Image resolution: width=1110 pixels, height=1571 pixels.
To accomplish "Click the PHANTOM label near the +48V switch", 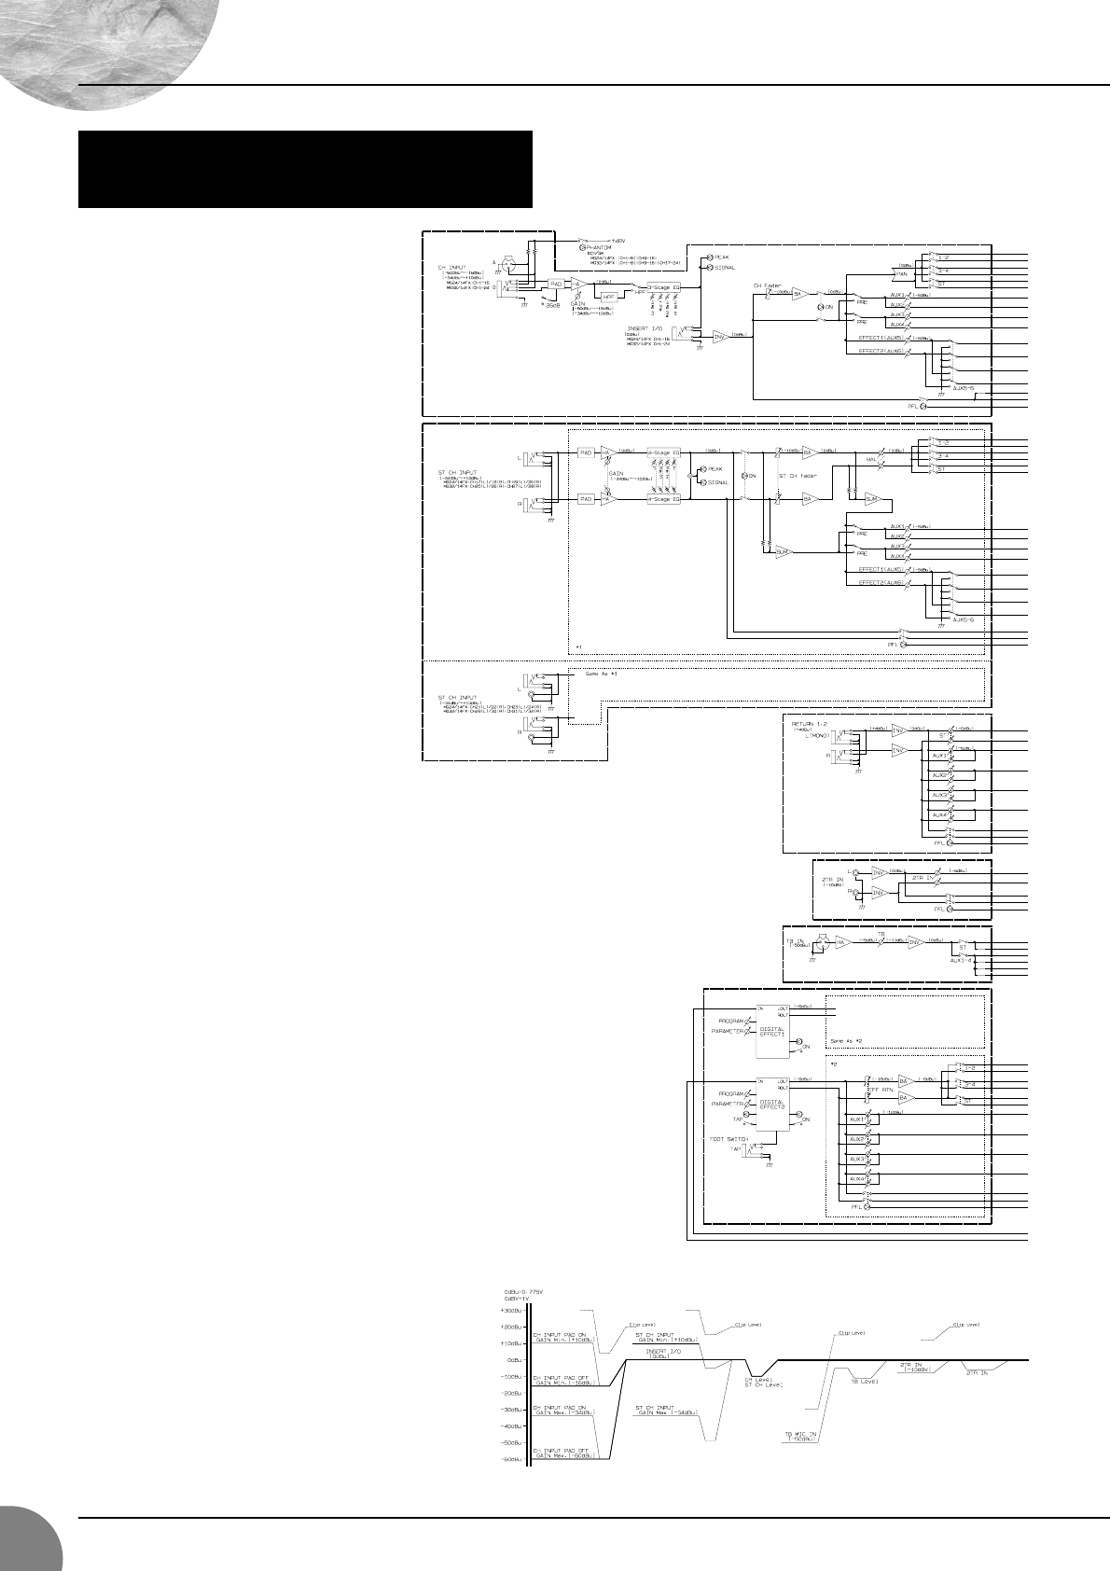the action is (x=601, y=247).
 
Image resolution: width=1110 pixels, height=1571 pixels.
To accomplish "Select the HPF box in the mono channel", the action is (x=611, y=297).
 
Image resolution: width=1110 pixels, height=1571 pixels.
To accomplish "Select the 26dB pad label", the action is (x=553, y=305).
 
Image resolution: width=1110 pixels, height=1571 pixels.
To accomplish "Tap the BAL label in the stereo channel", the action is (x=871, y=460).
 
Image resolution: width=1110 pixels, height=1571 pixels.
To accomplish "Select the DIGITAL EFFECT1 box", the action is (x=772, y=1032).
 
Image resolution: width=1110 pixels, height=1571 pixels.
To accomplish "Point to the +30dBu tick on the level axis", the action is (x=512, y=1311).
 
